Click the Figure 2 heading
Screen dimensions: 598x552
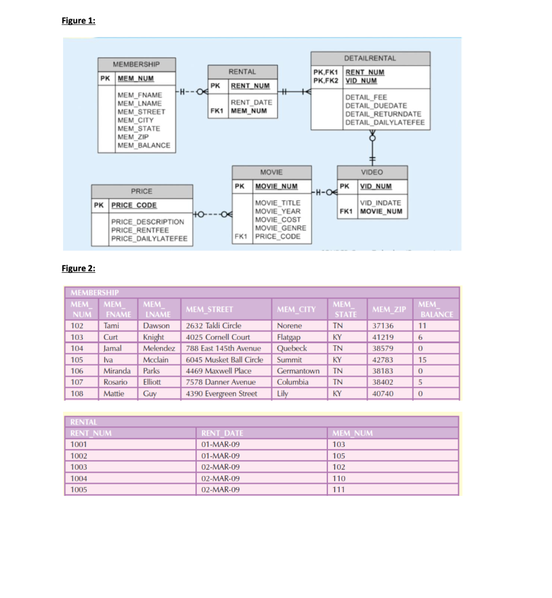coord(78,268)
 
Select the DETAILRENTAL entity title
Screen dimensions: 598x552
coord(370,58)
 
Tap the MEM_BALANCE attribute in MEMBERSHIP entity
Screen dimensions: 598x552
coord(144,145)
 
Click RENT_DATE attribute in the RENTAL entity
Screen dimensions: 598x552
coord(251,102)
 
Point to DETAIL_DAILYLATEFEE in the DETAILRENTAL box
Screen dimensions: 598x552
coord(385,122)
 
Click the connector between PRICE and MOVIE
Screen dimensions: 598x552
coord(212,212)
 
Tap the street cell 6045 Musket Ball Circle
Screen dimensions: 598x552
coord(225,360)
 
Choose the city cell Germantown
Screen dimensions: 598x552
coord(298,371)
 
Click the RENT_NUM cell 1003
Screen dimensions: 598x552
coord(79,467)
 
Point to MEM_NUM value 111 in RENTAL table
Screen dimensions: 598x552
coord(338,490)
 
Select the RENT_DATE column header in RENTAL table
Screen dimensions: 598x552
coord(222,433)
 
